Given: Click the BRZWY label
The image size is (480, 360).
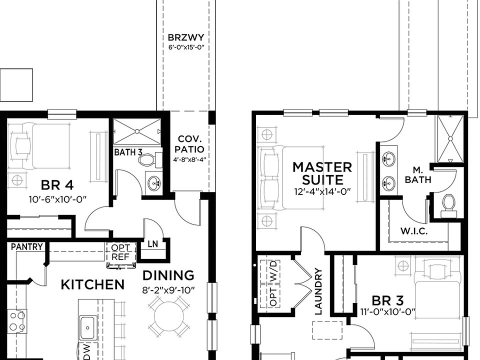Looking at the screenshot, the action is click(x=186, y=37).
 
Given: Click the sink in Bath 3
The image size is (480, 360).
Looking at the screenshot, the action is click(x=154, y=183).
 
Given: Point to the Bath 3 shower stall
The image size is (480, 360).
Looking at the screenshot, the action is click(x=137, y=131).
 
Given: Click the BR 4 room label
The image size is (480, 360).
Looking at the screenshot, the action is click(x=57, y=185).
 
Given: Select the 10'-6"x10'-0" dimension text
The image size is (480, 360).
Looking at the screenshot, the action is click(x=57, y=199).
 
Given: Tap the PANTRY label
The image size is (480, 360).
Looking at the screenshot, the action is click(x=27, y=246).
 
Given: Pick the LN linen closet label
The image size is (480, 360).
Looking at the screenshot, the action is click(x=153, y=244).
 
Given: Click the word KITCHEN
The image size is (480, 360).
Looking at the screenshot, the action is click(x=92, y=284).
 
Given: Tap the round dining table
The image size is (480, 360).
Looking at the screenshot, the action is click(x=169, y=316).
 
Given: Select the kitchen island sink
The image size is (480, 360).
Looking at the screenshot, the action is click(x=87, y=327).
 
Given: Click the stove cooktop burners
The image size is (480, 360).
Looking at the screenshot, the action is click(x=17, y=321).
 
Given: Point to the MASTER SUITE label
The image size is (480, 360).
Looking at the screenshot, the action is click(x=322, y=173).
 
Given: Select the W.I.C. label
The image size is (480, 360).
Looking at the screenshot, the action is click(x=414, y=231).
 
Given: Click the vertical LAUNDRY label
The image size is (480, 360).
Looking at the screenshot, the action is click(x=318, y=291).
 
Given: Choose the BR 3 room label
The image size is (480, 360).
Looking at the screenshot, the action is click(x=387, y=300).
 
